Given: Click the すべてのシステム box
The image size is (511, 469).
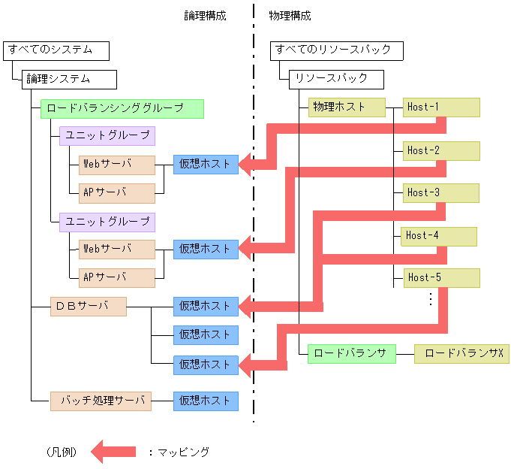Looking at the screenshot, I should tap(56, 50).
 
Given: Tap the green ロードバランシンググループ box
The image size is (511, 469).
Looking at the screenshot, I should tap(122, 108).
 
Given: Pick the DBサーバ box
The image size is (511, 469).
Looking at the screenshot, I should tap(88, 306).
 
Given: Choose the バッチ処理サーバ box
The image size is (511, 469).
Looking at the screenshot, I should tap(101, 401).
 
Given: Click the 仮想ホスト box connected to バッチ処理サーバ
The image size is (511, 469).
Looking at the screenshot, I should tap(206, 401).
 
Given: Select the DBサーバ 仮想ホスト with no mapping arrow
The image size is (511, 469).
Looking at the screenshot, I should tap(206, 334).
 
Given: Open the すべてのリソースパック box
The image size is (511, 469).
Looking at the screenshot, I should tap(336, 50).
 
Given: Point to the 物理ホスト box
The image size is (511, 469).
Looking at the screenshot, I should tap(346, 107).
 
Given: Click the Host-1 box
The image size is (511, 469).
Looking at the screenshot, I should tap(441, 107).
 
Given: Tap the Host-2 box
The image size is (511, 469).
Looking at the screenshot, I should tap(441, 150).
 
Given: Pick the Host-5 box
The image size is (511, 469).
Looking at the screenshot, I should tap(441, 278).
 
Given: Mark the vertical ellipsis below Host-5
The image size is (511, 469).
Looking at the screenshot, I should tap(431, 299).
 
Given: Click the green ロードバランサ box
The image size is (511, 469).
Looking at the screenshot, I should tap(351, 354).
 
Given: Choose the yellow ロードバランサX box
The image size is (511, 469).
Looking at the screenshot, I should tap(461, 354).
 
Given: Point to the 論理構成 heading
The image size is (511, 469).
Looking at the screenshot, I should tap(205, 16).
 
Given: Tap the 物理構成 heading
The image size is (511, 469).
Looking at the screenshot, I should tap(290, 16).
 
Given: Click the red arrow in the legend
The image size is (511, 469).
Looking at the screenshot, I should tap(113, 452).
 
